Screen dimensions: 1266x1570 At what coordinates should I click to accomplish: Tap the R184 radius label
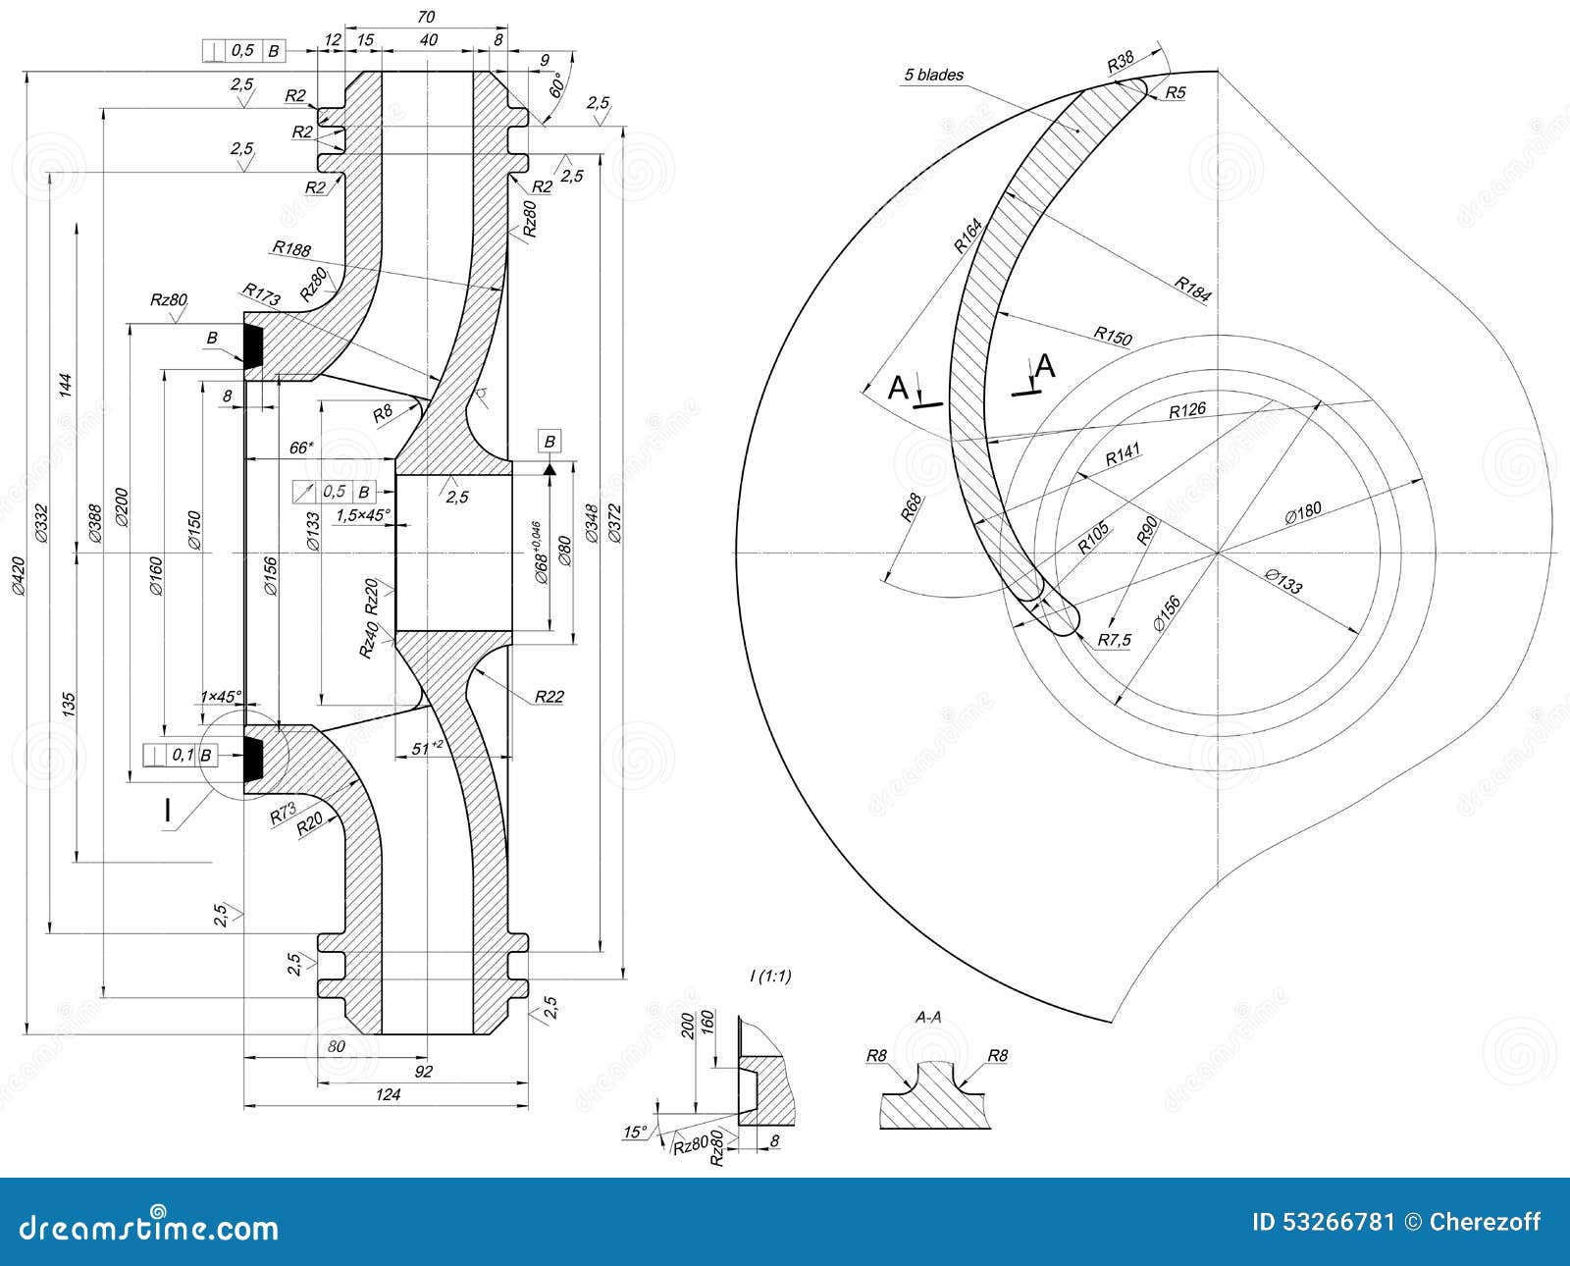tap(1192, 290)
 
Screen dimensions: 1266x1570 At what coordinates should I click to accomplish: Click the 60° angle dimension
tap(556, 86)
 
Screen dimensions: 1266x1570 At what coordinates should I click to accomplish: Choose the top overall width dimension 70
tap(425, 17)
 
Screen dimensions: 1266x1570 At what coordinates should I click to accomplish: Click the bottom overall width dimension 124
tap(388, 1094)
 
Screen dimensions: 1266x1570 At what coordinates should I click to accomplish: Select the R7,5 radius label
tap(1114, 640)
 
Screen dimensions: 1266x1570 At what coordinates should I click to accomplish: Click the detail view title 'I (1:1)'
tap(770, 976)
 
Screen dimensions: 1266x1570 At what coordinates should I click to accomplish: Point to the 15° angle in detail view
tap(635, 1133)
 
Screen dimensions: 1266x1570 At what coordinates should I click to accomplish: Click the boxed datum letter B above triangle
tap(549, 442)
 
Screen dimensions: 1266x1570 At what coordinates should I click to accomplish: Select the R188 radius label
tap(291, 249)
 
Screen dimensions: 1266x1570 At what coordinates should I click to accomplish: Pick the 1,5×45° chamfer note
tap(362, 514)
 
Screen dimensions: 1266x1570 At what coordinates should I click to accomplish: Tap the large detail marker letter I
tap(167, 811)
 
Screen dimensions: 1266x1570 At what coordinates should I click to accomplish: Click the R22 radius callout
tap(549, 697)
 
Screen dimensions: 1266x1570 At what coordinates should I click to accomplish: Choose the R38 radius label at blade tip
tap(1121, 63)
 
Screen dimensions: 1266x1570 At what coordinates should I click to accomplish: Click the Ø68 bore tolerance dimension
tap(541, 554)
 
